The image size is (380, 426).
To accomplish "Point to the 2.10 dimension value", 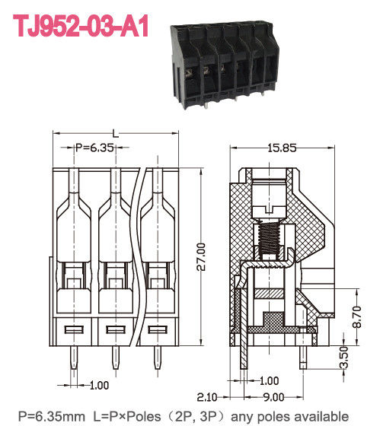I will click(209, 396).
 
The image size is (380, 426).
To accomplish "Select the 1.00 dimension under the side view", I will click(269, 380).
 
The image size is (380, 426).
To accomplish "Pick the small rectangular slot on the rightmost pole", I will click(156, 329).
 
